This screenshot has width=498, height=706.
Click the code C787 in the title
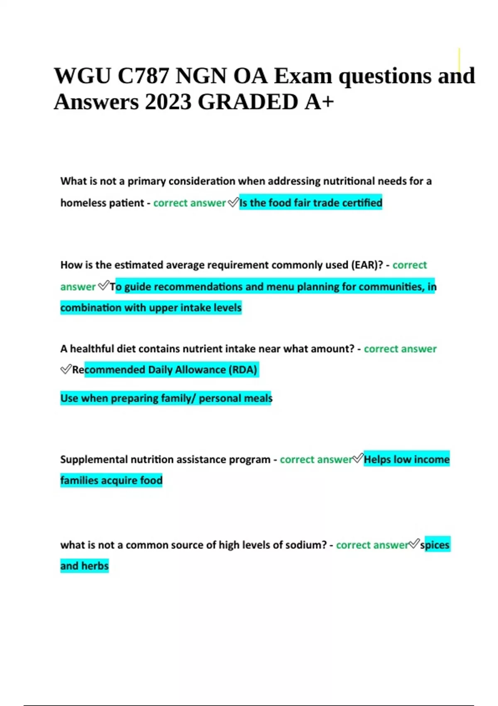point(143,76)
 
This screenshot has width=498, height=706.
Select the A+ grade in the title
point(319,102)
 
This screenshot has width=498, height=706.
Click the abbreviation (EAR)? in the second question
point(367,265)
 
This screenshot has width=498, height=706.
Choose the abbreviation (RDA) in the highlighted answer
point(243,370)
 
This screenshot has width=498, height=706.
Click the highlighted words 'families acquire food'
point(111,480)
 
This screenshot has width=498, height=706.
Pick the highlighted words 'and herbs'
point(84,566)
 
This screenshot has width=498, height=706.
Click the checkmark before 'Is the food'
point(233,202)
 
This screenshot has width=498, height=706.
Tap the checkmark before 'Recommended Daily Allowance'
point(66,369)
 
